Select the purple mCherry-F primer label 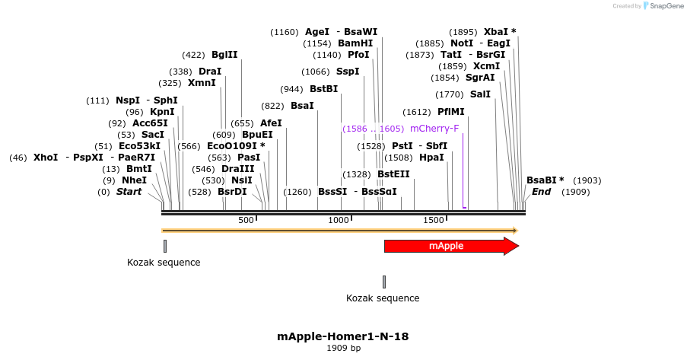point(434,129)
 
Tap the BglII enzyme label point(224,55)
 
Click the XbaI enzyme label point(500,32)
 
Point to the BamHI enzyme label point(355,43)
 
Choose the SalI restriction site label point(480,94)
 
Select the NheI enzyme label point(134,180)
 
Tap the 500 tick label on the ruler point(246,220)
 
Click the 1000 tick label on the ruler point(339,220)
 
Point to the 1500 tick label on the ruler point(434,220)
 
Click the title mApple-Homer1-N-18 point(343,336)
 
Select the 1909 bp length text point(343,348)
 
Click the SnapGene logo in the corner point(663,6)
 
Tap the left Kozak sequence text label point(164,263)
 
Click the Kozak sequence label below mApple point(383,298)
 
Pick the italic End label point(541,192)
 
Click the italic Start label point(129,192)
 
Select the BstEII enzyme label point(393,174)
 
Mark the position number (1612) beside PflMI point(417,112)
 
